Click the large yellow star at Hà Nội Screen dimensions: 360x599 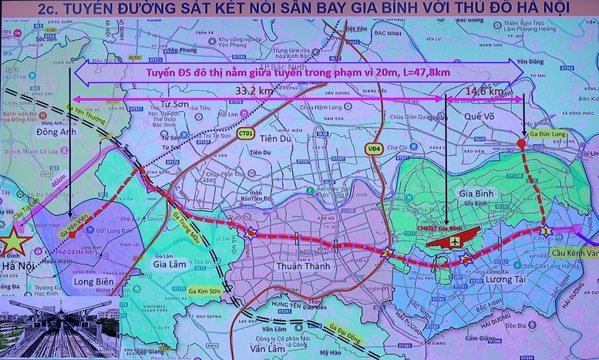14,241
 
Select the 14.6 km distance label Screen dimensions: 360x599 486,91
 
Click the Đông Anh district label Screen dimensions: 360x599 30,133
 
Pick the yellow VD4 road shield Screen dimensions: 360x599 374,147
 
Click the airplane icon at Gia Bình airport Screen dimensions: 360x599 455,241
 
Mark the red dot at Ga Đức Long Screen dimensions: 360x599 521,143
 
